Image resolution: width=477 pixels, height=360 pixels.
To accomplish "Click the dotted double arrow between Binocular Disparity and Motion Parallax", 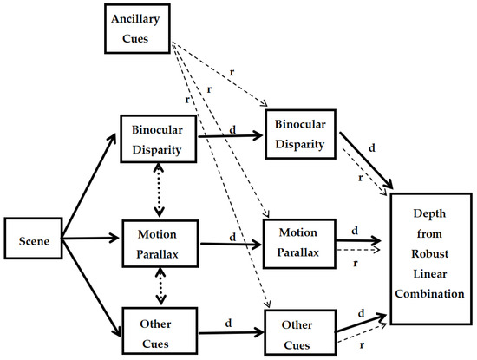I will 159,191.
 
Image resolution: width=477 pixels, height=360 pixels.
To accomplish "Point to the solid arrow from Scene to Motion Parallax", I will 91,236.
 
